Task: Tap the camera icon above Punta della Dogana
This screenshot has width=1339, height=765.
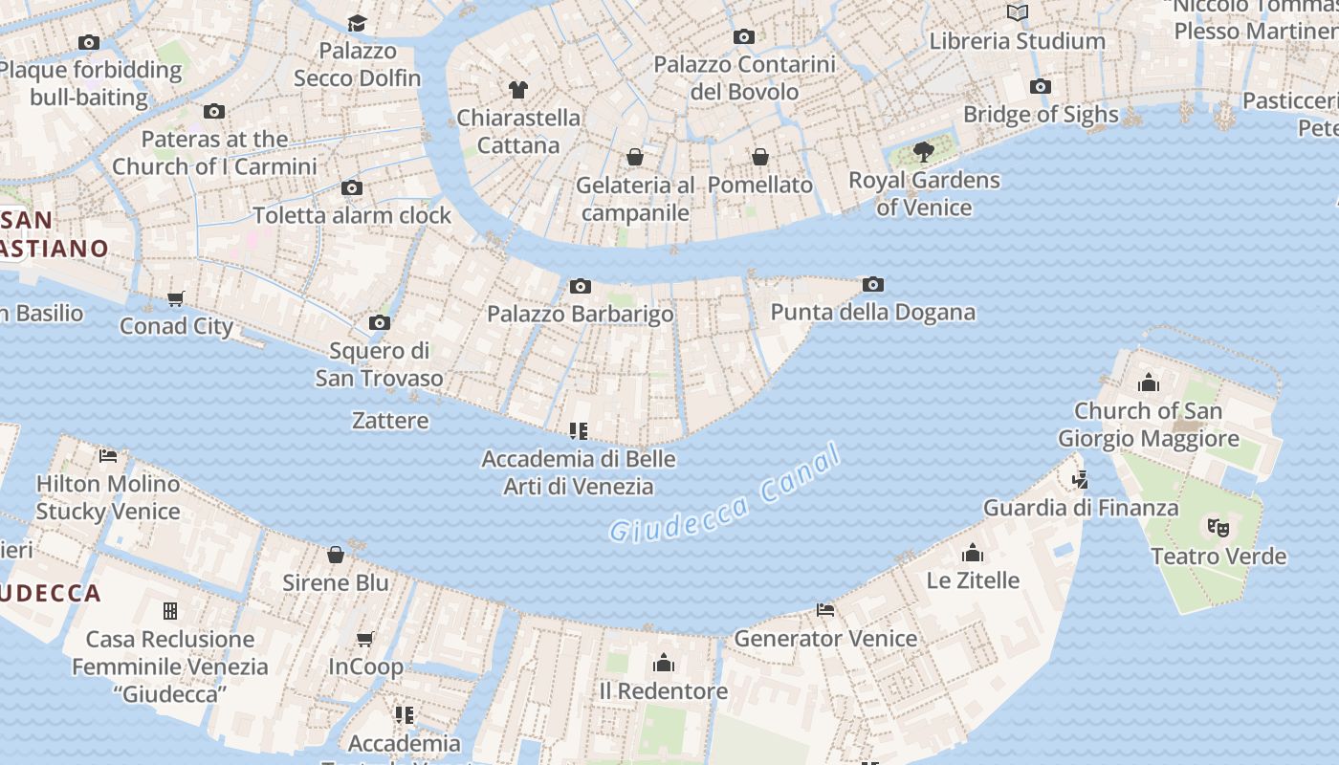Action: pyautogui.click(x=872, y=284)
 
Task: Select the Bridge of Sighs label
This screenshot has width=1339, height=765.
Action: pyautogui.click(x=1041, y=115)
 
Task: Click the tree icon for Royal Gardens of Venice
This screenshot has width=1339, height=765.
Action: pyautogui.click(x=923, y=151)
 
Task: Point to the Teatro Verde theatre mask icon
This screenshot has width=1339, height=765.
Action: pyautogui.click(x=1218, y=527)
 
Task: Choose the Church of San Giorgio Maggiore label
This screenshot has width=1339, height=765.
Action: pyautogui.click(x=1148, y=425)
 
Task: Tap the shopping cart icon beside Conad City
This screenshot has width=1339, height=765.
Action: pyautogui.click(x=176, y=298)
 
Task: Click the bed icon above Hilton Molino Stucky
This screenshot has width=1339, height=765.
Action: pyautogui.click(x=108, y=456)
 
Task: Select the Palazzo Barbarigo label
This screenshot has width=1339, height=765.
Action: pyautogui.click(x=581, y=314)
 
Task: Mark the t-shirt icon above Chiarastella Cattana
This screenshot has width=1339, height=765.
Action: pyautogui.click(x=518, y=90)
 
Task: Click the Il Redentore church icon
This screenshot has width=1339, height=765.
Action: pyautogui.click(x=664, y=663)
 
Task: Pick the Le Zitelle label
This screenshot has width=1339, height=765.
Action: pyautogui.click(x=973, y=580)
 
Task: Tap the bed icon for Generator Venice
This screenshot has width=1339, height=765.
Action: pyautogui.click(x=825, y=610)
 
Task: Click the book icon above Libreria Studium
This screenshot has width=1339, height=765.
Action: pyautogui.click(x=1018, y=12)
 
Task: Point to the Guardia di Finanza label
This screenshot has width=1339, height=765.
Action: pyautogui.click(x=1081, y=508)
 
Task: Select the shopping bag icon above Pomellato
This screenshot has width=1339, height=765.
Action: pyautogui.click(x=760, y=156)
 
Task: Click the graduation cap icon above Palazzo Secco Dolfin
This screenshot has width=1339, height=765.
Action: pyautogui.click(x=357, y=23)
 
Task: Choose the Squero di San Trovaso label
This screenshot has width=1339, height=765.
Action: pyautogui.click(x=380, y=364)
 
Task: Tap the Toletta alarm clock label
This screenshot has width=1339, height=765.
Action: pyautogui.click(x=352, y=215)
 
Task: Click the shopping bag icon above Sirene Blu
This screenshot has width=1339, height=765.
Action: pyautogui.click(x=336, y=555)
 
